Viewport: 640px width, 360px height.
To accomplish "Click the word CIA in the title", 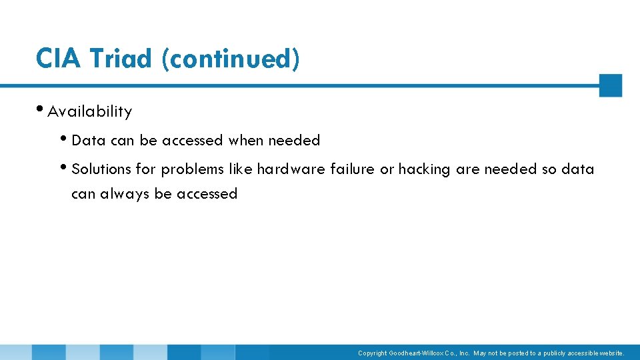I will (x=59, y=59).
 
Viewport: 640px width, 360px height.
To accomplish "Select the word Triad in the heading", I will (x=121, y=59).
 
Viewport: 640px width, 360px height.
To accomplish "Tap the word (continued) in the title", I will (x=230, y=60).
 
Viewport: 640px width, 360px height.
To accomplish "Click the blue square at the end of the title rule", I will (x=610, y=85).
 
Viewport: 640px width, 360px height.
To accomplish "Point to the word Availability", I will (x=90, y=111).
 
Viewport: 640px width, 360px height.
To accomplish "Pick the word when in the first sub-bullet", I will (x=246, y=141).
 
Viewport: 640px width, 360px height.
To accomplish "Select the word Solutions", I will (x=101, y=169).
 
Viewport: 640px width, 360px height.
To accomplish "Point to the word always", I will (x=125, y=194).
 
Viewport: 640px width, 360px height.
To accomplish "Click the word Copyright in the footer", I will (x=373, y=353).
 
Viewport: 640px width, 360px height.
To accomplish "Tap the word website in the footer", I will (x=610, y=353).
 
